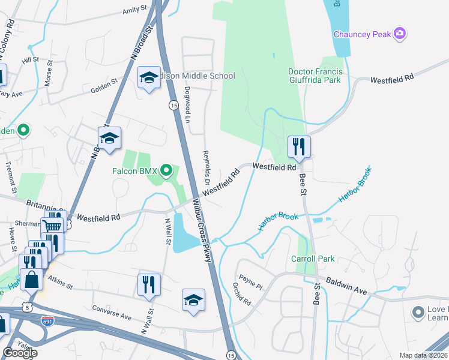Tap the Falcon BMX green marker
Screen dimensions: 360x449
[x=167, y=171]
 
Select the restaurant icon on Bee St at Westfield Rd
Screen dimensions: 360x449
[x=298, y=146]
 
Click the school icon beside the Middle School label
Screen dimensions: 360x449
[x=148, y=77]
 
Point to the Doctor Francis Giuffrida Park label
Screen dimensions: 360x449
[x=315, y=76]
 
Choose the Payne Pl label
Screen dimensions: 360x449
[x=252, y=281]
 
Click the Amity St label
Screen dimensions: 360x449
[x=134, y=10]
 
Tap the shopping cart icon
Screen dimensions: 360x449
[x=52, y=226]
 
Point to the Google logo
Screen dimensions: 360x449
[x=20, y=353]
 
